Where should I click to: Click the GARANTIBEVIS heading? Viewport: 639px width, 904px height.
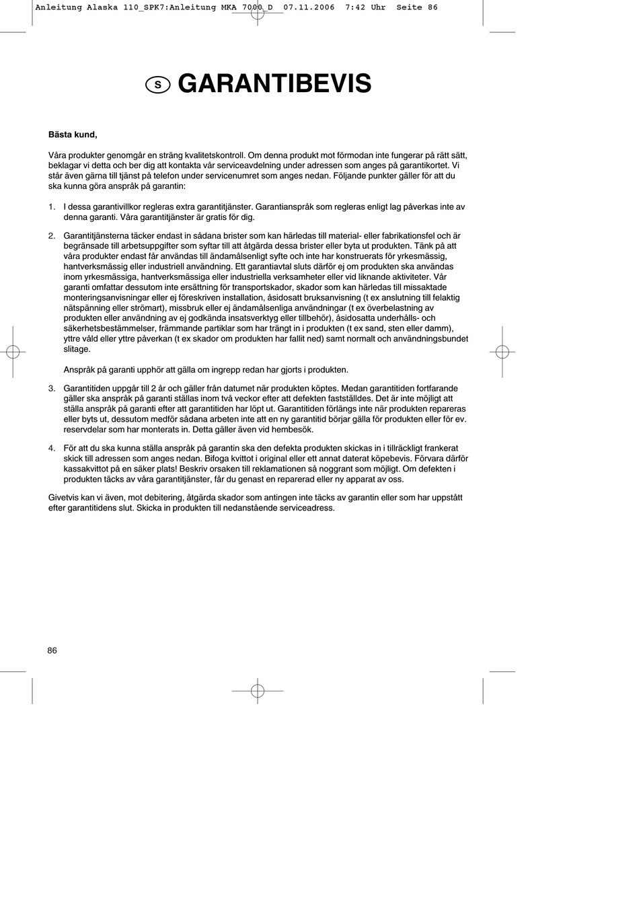click(x=274, y=84)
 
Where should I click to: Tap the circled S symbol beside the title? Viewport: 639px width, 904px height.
click(x=157, y=85)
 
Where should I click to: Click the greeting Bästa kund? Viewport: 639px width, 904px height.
click(x=73, y=135)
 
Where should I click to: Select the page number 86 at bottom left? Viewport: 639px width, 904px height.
click(x=52, y=650)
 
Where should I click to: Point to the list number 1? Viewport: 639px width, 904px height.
click(x=52, y=207)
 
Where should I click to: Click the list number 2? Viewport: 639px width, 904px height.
click(x=52, y=236)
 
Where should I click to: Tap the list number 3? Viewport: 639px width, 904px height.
click(x=52, y=389)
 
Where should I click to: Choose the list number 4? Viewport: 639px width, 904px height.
click(x=52, y=448)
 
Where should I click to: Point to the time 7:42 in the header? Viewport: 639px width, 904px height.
click(x=355, y=7)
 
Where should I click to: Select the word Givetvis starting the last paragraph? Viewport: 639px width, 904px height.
click(x=65, y=498)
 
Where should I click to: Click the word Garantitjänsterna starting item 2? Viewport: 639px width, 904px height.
click(x=98, y=236)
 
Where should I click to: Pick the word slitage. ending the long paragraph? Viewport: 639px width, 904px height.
click(x=77, y=350)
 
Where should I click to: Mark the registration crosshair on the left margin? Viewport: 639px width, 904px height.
click(x=12, y=351)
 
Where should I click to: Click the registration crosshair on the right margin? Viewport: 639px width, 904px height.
click(x=502, y=351)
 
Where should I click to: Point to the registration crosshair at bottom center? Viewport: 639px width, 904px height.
click(x=257, y=691)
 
